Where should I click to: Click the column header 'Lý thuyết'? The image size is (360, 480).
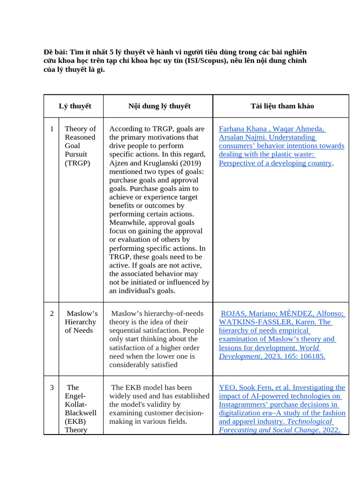coord(75,106)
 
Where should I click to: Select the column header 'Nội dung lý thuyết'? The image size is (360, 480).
coord(159,106)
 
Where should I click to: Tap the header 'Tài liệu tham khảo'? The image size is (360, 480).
coord(282,106)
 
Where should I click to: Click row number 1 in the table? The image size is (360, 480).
coord(52,129)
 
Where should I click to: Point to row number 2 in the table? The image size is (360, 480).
coord(52,313)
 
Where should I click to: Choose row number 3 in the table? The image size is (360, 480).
coord(52,388)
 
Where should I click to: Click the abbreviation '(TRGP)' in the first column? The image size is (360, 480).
coord(77,163)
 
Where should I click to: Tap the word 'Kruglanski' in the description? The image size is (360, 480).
coord(161,163)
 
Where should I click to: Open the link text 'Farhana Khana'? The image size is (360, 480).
coord(240,129)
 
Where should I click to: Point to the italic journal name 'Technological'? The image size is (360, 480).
coord(309,421)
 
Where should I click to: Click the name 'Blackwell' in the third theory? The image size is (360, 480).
coord(81,413)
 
